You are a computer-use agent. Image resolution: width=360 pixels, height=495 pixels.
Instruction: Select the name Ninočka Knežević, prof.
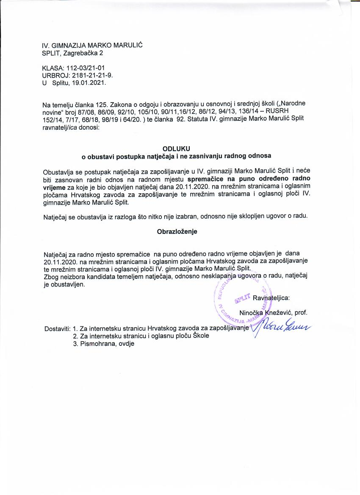(273, 313)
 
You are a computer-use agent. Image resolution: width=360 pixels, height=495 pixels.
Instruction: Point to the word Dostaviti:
(57, 328)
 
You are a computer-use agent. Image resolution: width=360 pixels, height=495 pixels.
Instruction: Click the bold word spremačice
(205, 179)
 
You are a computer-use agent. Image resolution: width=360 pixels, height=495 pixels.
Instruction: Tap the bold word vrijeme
(54, 186)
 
